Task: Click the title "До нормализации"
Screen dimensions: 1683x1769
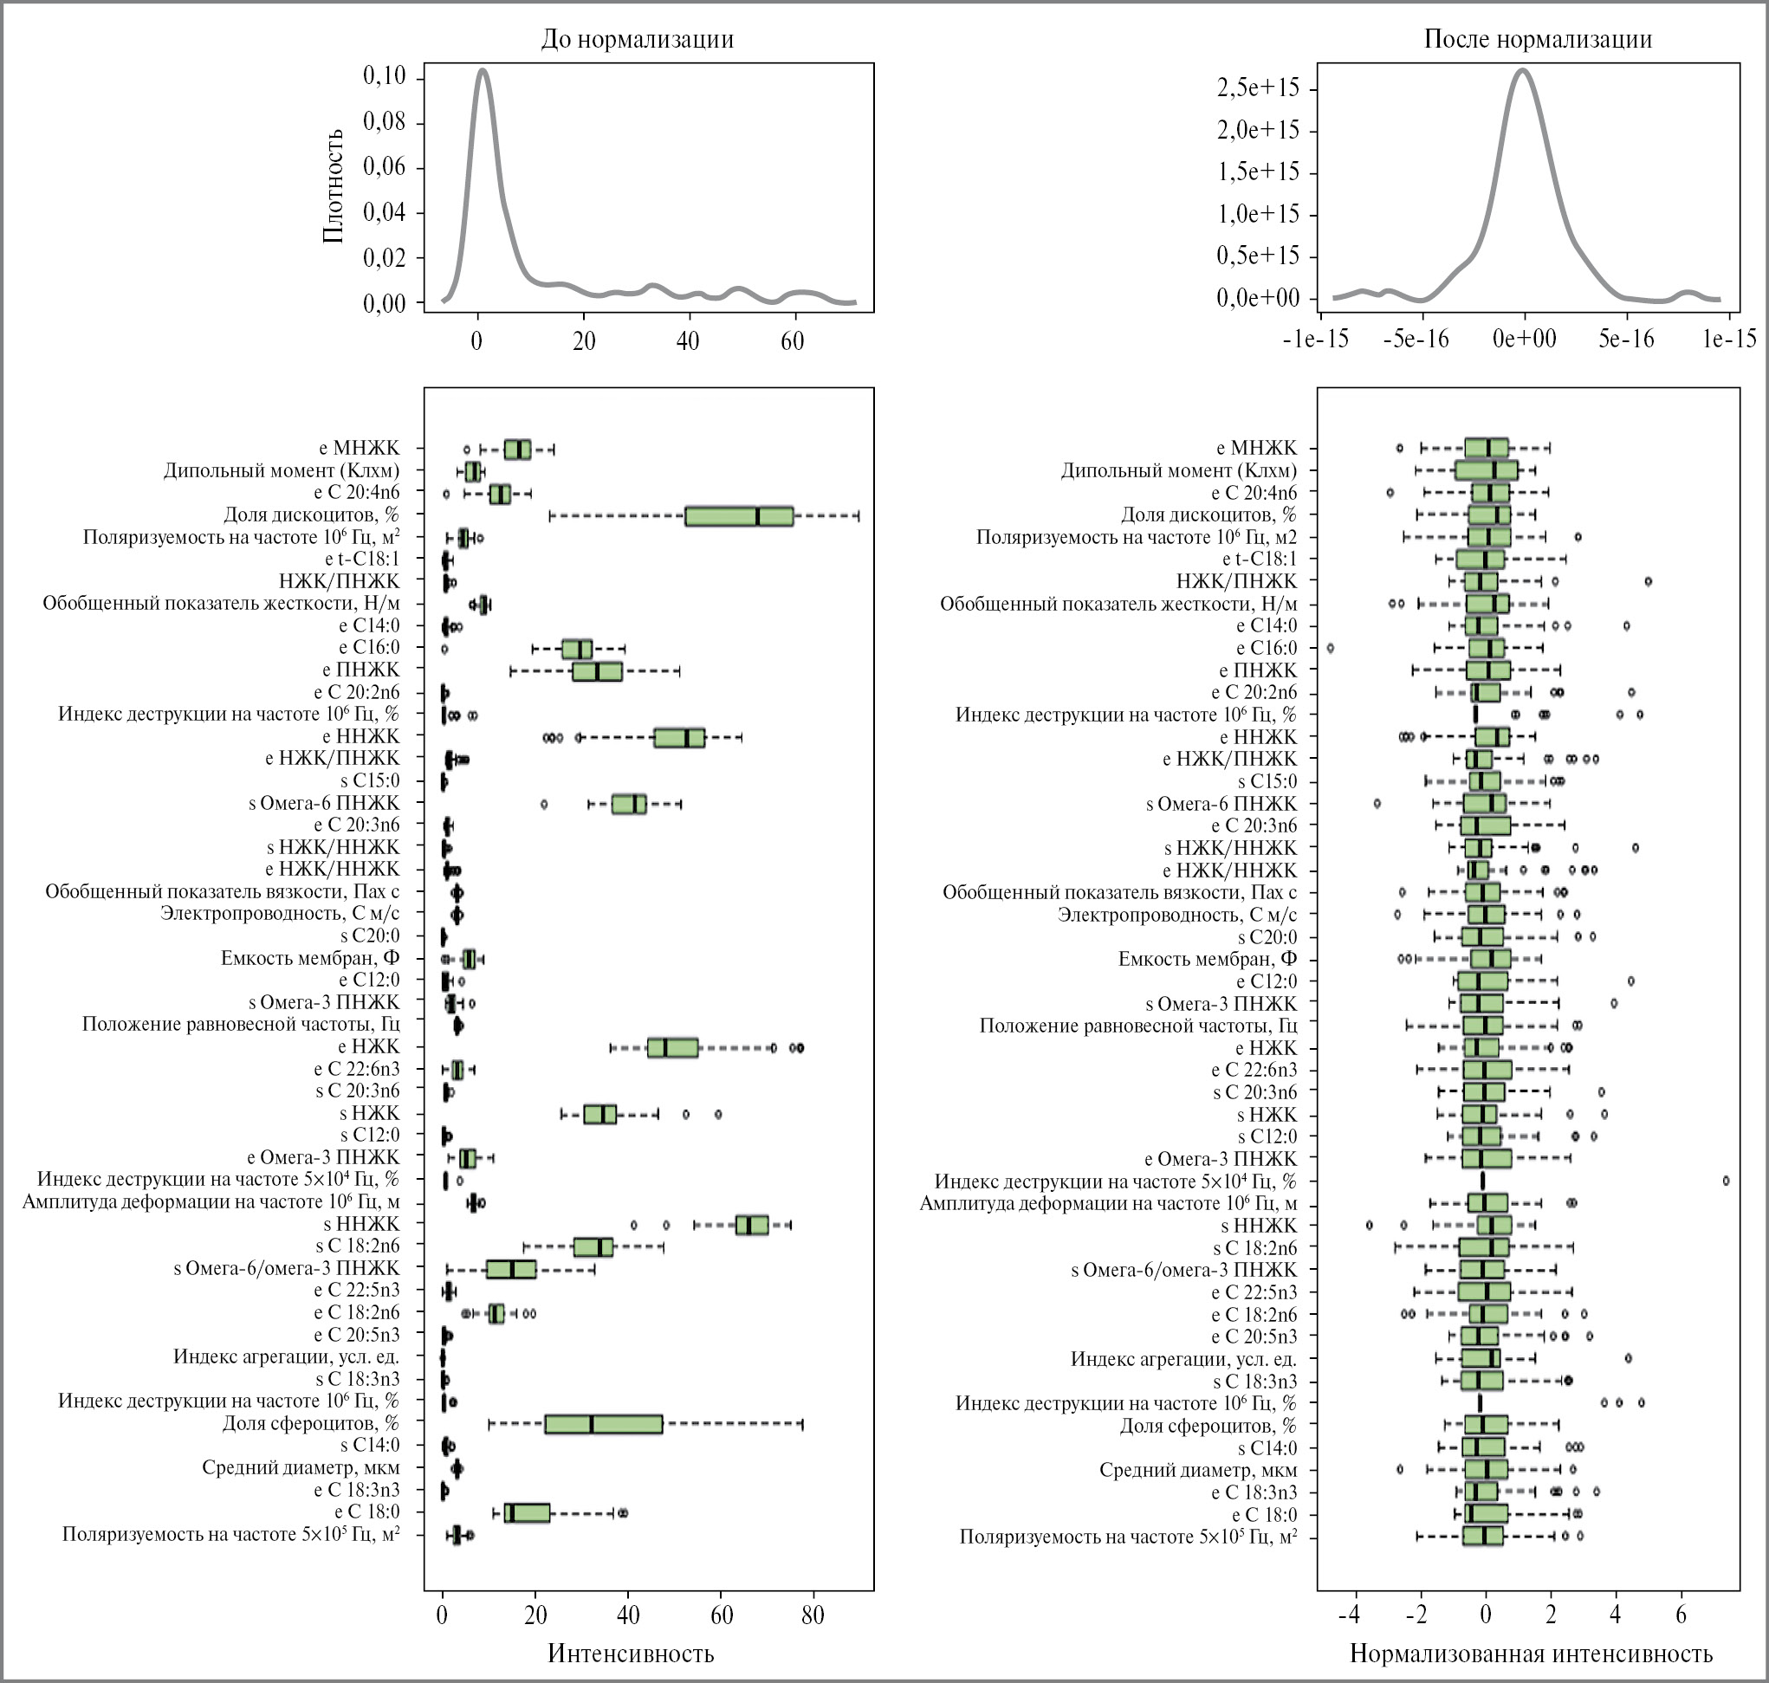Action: point(637,40)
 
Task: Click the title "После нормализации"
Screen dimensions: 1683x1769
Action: point(1538,40)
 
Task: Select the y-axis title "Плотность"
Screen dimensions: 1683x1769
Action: point(334,185)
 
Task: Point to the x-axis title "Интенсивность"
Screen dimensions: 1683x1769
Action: point(631,1654)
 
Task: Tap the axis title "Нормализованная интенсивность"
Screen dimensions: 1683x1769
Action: point(1531,1654)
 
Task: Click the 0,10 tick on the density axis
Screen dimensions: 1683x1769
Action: point(384,76)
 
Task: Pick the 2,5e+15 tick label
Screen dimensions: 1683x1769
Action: point(1258,88)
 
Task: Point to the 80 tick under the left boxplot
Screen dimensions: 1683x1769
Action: point(813,1615)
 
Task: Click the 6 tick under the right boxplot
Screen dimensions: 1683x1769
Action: point(1682,1615)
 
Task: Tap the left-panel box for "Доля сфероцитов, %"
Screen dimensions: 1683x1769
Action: point(603,1424)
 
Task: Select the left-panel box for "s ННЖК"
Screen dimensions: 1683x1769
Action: point(751,1225)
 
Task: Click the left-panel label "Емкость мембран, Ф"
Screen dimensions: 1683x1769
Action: point(309,958)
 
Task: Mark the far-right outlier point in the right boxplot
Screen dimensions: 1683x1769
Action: point(1726,1181)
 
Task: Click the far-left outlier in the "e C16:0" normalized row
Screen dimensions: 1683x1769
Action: point(1330,648)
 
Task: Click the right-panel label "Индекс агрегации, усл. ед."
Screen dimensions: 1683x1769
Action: point(1183,1358)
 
